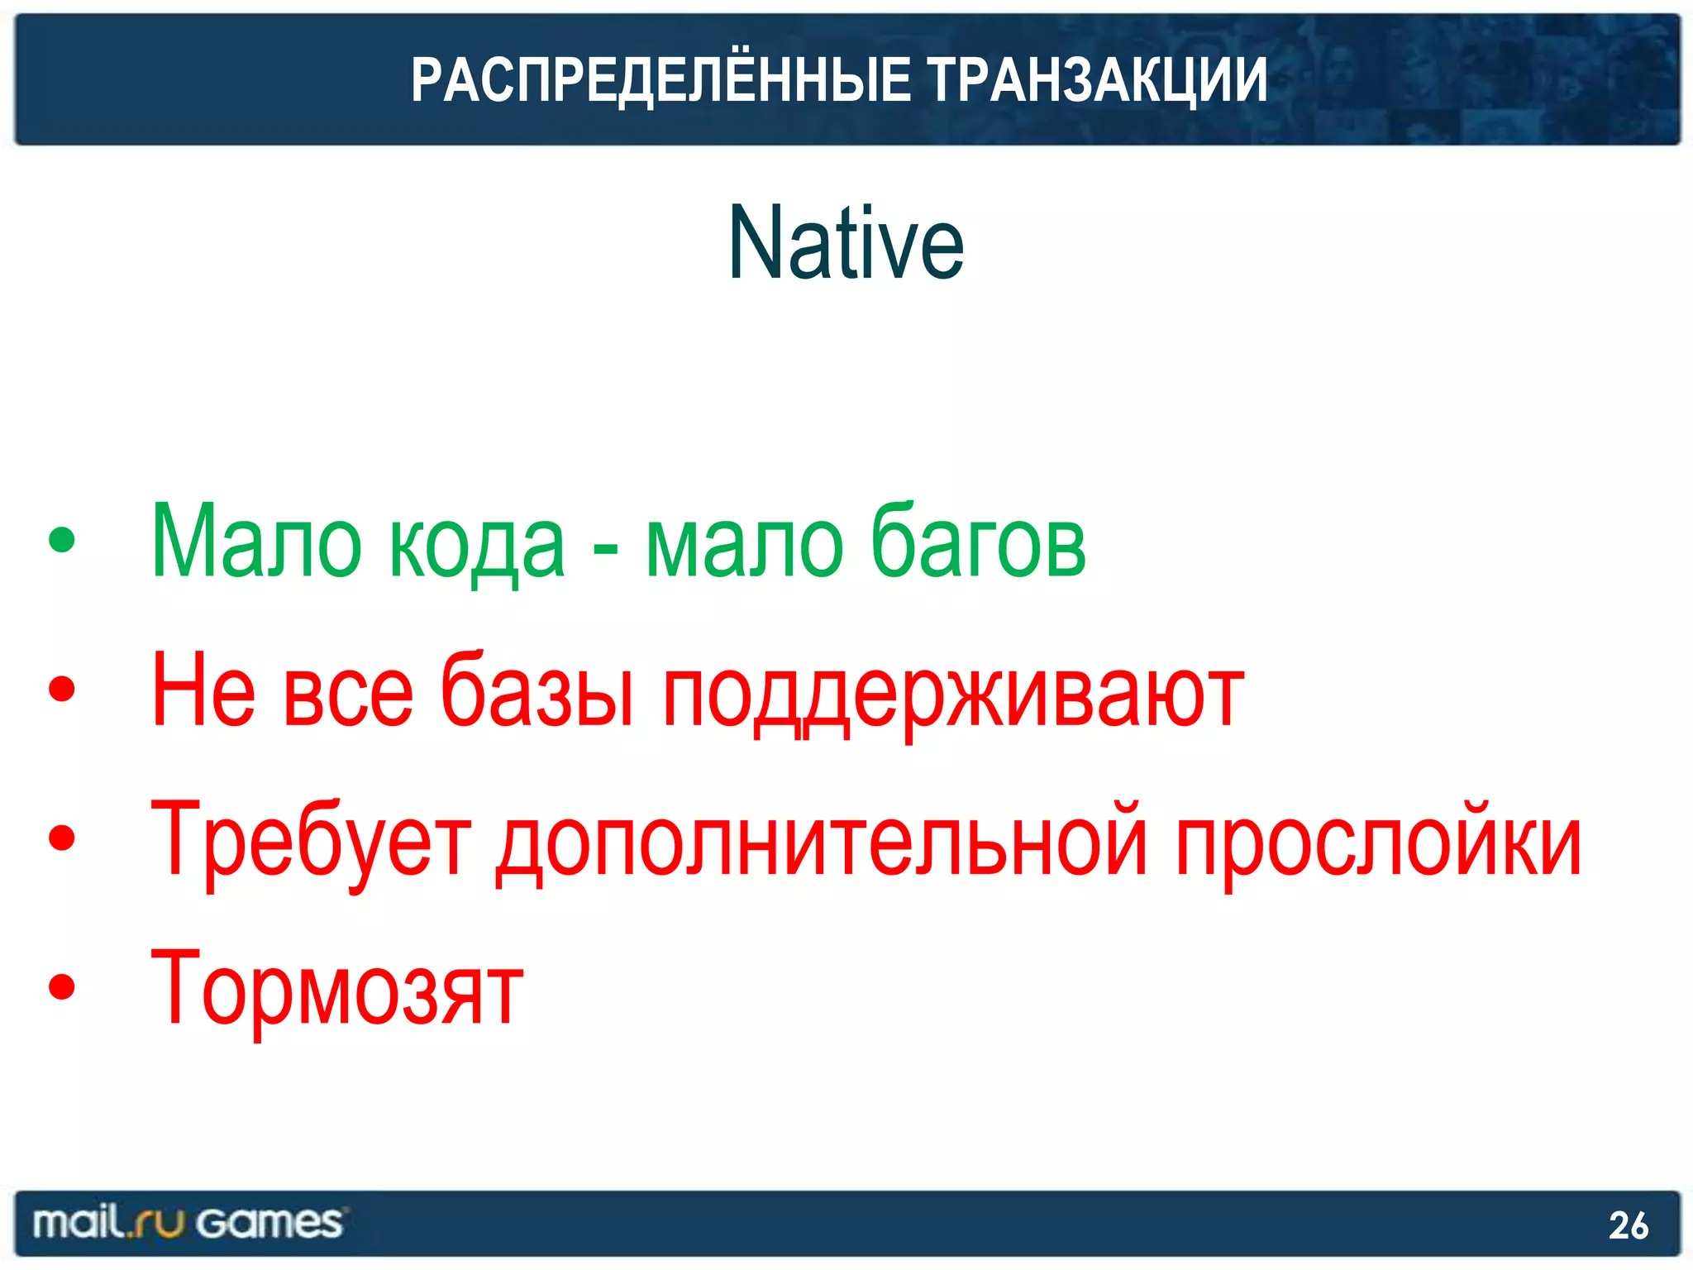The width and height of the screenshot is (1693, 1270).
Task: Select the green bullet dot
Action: pyautogui.click(x=62, y=540)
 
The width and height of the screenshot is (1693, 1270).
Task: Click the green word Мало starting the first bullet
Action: pyautogui.click(x=256, y=542)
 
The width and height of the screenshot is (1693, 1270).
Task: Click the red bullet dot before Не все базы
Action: pyautogui.click(x=62, y=689)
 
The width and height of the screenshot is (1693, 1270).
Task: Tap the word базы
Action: pyautogui.click(x=537, y=690)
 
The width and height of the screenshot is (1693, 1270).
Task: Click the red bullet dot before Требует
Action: pyautogui.click(x=62, y=838)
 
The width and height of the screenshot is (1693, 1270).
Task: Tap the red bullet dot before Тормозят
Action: pyautogui.click(x=62, y=986)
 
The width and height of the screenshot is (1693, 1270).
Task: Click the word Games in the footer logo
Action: pyautogui.click(x=269, y=1223)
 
